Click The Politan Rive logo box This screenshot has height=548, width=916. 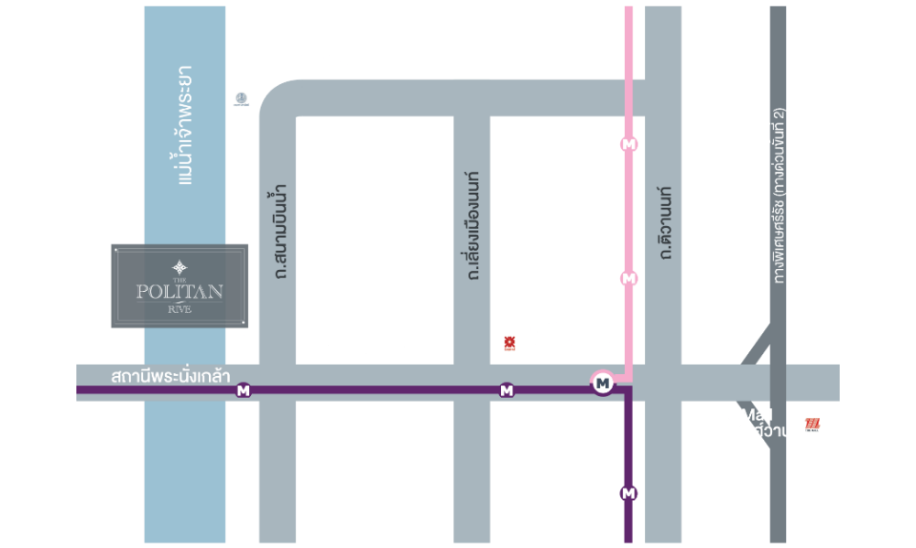(180, 285)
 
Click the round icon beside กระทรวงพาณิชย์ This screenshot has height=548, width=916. (241, 98)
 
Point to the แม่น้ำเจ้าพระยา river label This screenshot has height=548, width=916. (185, 124)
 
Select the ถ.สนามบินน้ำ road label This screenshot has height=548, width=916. (278, 231)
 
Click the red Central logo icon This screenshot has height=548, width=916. (506, 344)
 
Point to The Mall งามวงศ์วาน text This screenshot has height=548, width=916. (749, 422)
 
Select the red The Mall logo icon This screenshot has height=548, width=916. (812, 424)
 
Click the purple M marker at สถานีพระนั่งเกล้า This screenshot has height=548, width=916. (244, 391)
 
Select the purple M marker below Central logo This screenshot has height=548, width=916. (507, 391)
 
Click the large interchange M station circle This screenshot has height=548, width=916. (603, 383)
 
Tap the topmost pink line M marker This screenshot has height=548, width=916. (628, 144)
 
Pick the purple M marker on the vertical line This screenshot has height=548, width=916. (628, 494)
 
